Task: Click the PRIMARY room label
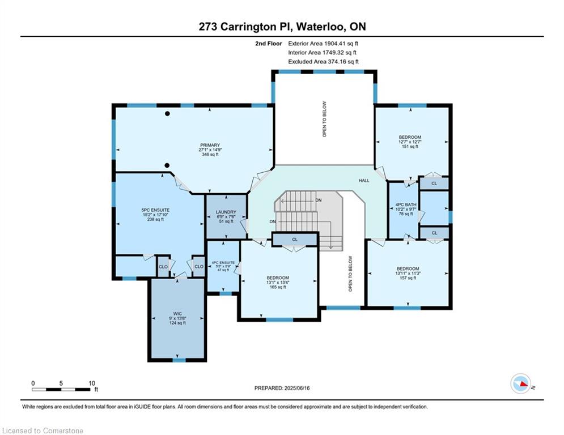[210, 145]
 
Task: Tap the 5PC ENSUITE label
[151, 210]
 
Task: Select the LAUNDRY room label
[225, 212]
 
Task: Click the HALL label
[363, 181]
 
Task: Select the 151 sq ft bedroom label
[409, 137]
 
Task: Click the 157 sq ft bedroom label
[408, 268]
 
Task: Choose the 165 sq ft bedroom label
[277, 278]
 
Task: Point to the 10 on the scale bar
[92, 383]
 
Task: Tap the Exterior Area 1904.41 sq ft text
[323, 43]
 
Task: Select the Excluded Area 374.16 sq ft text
[323, 62]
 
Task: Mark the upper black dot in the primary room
[167, 114]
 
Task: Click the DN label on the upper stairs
[319, 200]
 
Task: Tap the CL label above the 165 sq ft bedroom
[295, 240]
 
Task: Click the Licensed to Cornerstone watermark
[43, 431]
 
